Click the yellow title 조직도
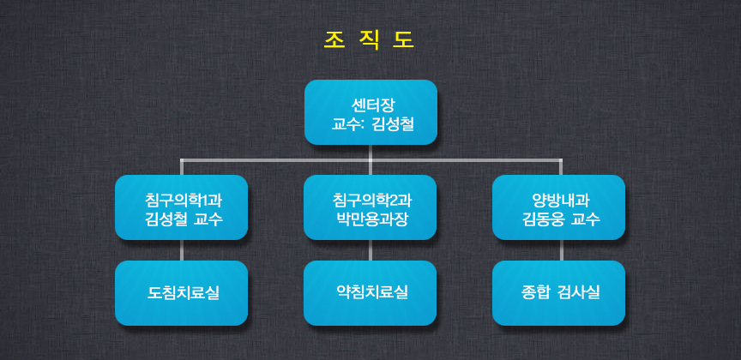370,40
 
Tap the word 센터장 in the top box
370,105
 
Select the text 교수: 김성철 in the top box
370,125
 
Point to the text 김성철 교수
182,219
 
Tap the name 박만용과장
370,219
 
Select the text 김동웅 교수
558,219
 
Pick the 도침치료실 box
182,293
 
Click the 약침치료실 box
370,293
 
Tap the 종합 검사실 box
558,293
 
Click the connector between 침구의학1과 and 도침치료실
182,250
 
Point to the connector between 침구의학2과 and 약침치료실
370,250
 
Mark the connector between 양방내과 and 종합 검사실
561,250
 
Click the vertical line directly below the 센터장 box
370,153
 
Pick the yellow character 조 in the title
333,40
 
